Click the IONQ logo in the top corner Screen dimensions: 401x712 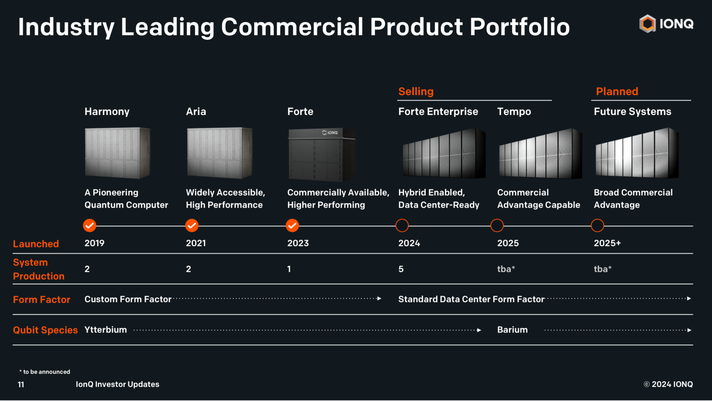point(666,24)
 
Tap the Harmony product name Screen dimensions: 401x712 point(107,112)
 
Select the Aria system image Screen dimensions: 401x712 point(219,153)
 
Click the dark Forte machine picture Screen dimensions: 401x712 point(321,154)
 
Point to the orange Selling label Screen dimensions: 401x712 point(416,91)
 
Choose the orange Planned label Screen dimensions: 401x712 point(617,91)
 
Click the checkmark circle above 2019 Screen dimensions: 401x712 point(90,225)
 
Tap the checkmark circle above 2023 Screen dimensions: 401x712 point(292,225)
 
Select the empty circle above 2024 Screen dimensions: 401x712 point(402,225)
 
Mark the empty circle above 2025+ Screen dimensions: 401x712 point(597,225)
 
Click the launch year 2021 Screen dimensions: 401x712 point(196,243)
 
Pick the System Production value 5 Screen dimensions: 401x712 point(401,269)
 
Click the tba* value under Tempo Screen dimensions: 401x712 point(506,269)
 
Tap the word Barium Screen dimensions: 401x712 point(512,330)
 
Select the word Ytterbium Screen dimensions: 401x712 point(106,330)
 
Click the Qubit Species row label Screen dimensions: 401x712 point(45,330)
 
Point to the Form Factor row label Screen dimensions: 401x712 point(41,300)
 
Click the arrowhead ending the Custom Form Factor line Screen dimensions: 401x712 point(379,299)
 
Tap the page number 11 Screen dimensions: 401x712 point(21,384)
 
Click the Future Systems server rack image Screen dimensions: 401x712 point(637,153)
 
